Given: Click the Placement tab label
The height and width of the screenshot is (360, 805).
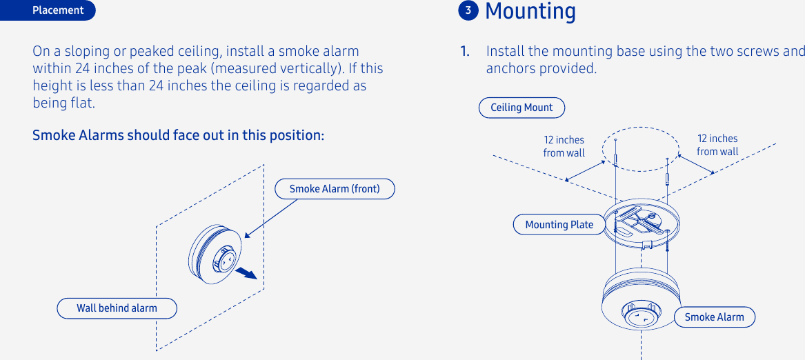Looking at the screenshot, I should coord(58,10).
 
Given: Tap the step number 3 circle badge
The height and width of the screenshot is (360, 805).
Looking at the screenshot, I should coord(468,10).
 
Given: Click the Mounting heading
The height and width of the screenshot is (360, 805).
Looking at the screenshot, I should coord(530,11).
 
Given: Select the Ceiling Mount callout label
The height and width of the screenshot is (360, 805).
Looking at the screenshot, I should coord(521,108).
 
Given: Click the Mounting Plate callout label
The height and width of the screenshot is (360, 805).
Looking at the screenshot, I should coord(559,225).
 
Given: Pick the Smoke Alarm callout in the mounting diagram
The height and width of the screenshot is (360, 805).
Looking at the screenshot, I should coord(714,317).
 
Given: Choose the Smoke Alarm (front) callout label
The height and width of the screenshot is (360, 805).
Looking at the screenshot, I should coord(335,189).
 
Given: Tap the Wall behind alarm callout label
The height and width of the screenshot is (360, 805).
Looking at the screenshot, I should coord(117,308).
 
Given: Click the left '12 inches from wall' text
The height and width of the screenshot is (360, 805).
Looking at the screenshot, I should coord(564,146).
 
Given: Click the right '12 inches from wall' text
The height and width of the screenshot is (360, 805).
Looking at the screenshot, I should coord(717,146).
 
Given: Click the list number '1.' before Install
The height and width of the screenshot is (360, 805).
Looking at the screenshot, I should coord(466,52).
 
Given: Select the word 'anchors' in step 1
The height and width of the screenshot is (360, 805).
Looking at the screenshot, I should coord(508,69).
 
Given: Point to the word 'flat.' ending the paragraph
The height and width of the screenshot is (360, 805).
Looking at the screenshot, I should coord(81,103).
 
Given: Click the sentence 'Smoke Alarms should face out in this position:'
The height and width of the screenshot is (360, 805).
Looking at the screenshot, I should coord(178,135).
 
